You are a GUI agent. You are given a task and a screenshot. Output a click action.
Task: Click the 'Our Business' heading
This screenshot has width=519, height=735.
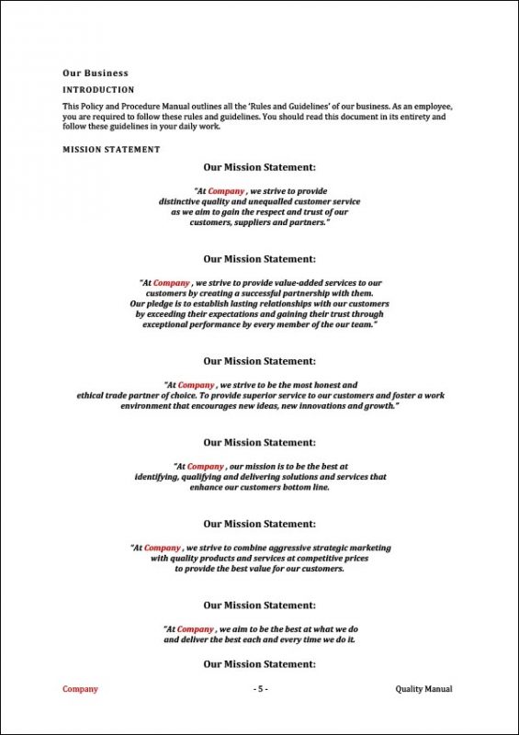(x=95, y=73)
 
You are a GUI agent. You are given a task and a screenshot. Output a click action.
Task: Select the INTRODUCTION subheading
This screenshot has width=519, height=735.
(x=97, y=90)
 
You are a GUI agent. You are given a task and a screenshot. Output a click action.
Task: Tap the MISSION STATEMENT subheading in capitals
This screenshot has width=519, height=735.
(x=111, y=149)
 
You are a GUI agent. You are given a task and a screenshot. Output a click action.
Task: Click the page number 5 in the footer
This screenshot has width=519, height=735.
(x=260, y=689)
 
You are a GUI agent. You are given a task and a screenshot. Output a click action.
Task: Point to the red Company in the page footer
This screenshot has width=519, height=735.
(x=80, y=689)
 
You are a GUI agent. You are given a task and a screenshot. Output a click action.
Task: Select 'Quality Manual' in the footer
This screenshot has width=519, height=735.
(x=423, y=689)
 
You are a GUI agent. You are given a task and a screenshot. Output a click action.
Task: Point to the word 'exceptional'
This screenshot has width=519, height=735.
(x=171, y=324)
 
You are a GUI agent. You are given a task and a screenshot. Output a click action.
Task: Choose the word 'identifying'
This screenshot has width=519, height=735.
(x=160, y=477)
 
